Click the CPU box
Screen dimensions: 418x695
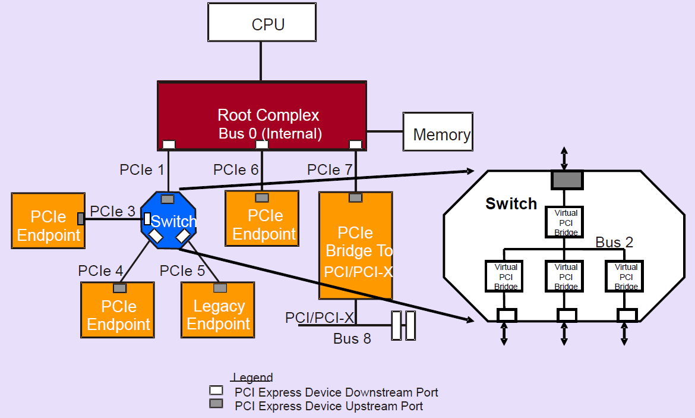(x=261, y=23)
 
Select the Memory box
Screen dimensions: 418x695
(x=438, y=131)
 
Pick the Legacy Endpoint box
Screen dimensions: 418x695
(x=218, y=310)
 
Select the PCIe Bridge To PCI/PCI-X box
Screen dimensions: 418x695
(x=356, y=245)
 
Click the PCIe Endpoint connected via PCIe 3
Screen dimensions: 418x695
(x=48, y=221)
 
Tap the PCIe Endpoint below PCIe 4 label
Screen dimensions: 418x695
(x=118, y=310)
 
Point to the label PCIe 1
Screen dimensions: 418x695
(x=142, y=170)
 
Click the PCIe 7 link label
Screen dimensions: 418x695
(x=330, y=170)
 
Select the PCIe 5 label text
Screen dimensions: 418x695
(x=182, y=271)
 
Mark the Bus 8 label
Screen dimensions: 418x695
(x=352, y=339)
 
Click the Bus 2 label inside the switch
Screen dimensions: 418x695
(x=614, y=243)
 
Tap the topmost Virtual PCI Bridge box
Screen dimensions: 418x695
(x=566, y=222)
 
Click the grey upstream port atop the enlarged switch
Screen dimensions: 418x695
(x=567, y=180)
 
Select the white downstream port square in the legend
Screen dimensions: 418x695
(x=217, y=391)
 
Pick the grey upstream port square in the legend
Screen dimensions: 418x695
(x=217, y=404)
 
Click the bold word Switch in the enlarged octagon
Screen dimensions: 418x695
(x=511, y=204)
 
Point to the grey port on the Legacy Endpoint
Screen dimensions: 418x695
(x=220, y=288)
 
